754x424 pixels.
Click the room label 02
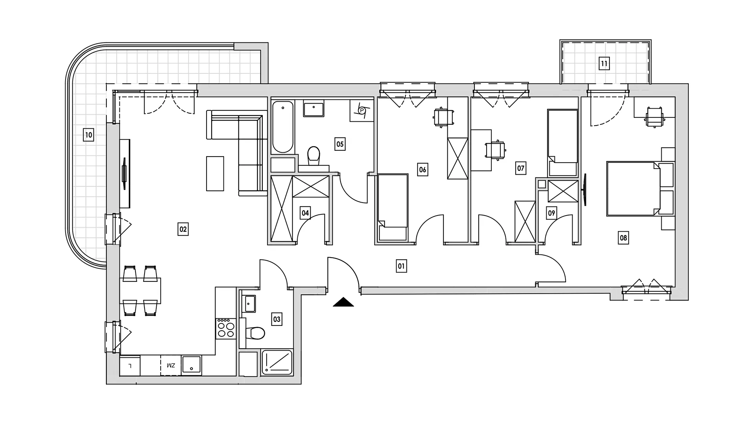coord(183,229)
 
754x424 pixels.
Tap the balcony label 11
coord(604,64)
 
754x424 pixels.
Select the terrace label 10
coord(89,135)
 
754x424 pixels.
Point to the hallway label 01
coord(401,266)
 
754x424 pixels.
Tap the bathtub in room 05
coord(283,127)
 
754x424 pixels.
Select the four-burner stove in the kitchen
coord(226,328)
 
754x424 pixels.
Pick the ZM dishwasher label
coord(171,366)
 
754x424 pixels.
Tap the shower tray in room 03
coord(277,362)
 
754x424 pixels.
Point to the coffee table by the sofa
coord(215,174)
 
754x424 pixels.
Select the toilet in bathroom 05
coord(313,157)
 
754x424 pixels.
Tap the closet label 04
coord(305,213)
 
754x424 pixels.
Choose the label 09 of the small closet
coord(551,213)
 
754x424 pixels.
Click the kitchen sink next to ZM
coord(191,365)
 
